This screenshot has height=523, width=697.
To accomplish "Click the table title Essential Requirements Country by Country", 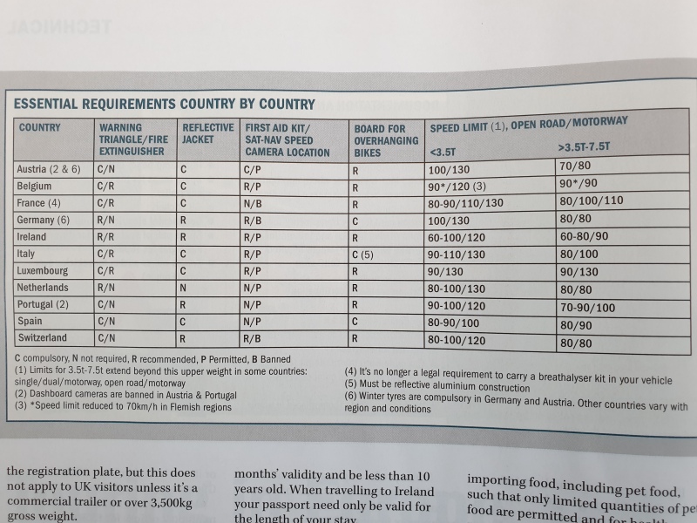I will pos(164,104).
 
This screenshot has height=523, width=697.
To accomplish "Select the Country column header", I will pos(39,127).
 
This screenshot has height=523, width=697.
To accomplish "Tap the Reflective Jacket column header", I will pos(207,133).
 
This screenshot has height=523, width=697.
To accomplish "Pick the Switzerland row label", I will pos(45,339).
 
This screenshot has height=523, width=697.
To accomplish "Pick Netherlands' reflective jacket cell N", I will pos(184,287).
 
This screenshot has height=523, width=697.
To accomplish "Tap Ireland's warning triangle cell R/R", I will pos(108,235).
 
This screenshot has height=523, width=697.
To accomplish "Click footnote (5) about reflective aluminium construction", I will pos(436,388).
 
